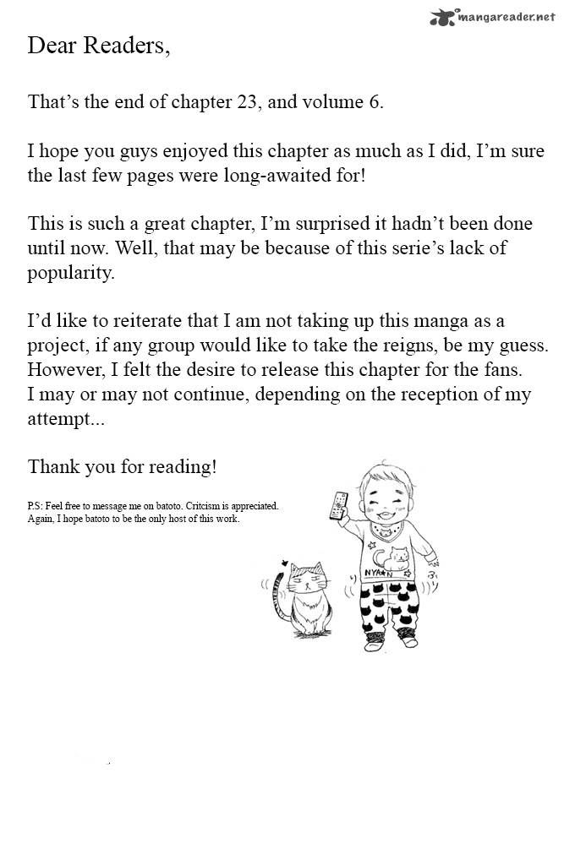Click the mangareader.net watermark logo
click(495, 15)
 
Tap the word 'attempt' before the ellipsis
click(58, 419)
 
